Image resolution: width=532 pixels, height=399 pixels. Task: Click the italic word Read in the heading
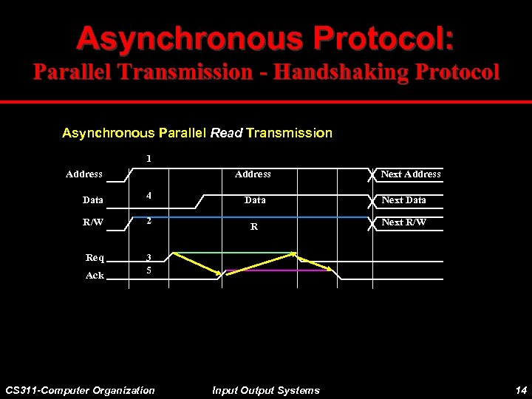[x=227, y=133]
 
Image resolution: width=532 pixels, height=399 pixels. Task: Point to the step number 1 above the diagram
[x=149, y=158]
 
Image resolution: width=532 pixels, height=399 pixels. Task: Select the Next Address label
[x=410, y=174]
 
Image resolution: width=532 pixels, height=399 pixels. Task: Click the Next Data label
[x=403, y=200]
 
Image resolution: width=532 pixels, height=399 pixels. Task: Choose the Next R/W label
[x=403, y=222]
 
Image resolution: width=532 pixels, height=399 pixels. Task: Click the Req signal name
[x=95, y=257]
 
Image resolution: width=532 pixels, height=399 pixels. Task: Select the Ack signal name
[x=95, y=276]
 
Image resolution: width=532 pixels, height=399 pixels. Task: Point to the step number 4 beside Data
[x=149, y=197]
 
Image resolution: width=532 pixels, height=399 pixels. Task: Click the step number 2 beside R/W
[x=149, y=220]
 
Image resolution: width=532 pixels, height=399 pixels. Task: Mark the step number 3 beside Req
[x=149, y=258]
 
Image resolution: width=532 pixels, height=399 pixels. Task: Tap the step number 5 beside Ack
[x=149, y=270]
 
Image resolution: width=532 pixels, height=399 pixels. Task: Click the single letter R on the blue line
[x=253, y=227]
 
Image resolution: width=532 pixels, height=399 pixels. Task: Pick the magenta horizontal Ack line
[x=277, y=270]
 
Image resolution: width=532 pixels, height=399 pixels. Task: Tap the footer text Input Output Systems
[x=265, y=390]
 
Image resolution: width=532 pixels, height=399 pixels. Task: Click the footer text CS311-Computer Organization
[x=80, y=390]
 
